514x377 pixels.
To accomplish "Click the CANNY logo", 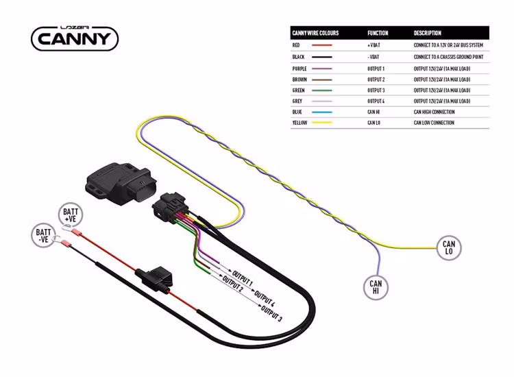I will (x=75, y=37).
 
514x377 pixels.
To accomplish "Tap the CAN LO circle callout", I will (x=449, y=248).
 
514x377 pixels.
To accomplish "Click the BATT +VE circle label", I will (x=71, y=215).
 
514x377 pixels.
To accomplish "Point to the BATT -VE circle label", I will (x=43, y=236).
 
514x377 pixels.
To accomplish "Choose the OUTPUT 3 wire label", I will (x=271, y=317).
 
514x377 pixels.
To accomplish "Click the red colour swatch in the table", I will (x=321, y=45).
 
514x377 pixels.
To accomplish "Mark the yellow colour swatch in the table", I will (x=321, y=123).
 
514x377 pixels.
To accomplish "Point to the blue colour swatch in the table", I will (x=321, y=112).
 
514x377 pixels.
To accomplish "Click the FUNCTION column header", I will (x=378, y=33).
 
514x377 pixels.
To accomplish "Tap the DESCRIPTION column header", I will (x=428, y=33).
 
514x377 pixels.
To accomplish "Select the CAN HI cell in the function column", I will (x=374, y=112).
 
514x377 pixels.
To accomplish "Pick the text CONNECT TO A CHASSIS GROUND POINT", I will (x=448, y=57).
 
